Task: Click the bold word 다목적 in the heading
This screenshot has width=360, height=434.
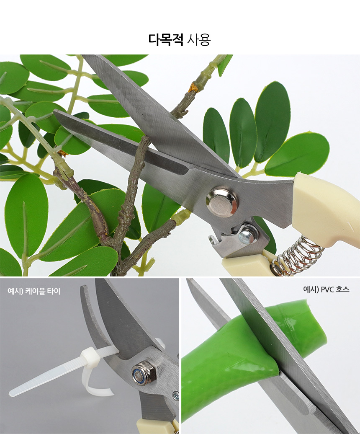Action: click(x=166, y=39)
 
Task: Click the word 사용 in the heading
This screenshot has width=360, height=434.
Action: click(x=199, y=39)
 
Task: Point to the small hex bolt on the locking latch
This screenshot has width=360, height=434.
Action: click(x=247, y=234)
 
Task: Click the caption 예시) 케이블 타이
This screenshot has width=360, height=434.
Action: click(x=34, y=291)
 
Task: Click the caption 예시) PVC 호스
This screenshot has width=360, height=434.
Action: click(x=326, y=289)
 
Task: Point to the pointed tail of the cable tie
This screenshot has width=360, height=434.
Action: click(x=13, y=393)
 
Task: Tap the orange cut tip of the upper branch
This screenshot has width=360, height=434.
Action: click(x=193, y=88)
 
